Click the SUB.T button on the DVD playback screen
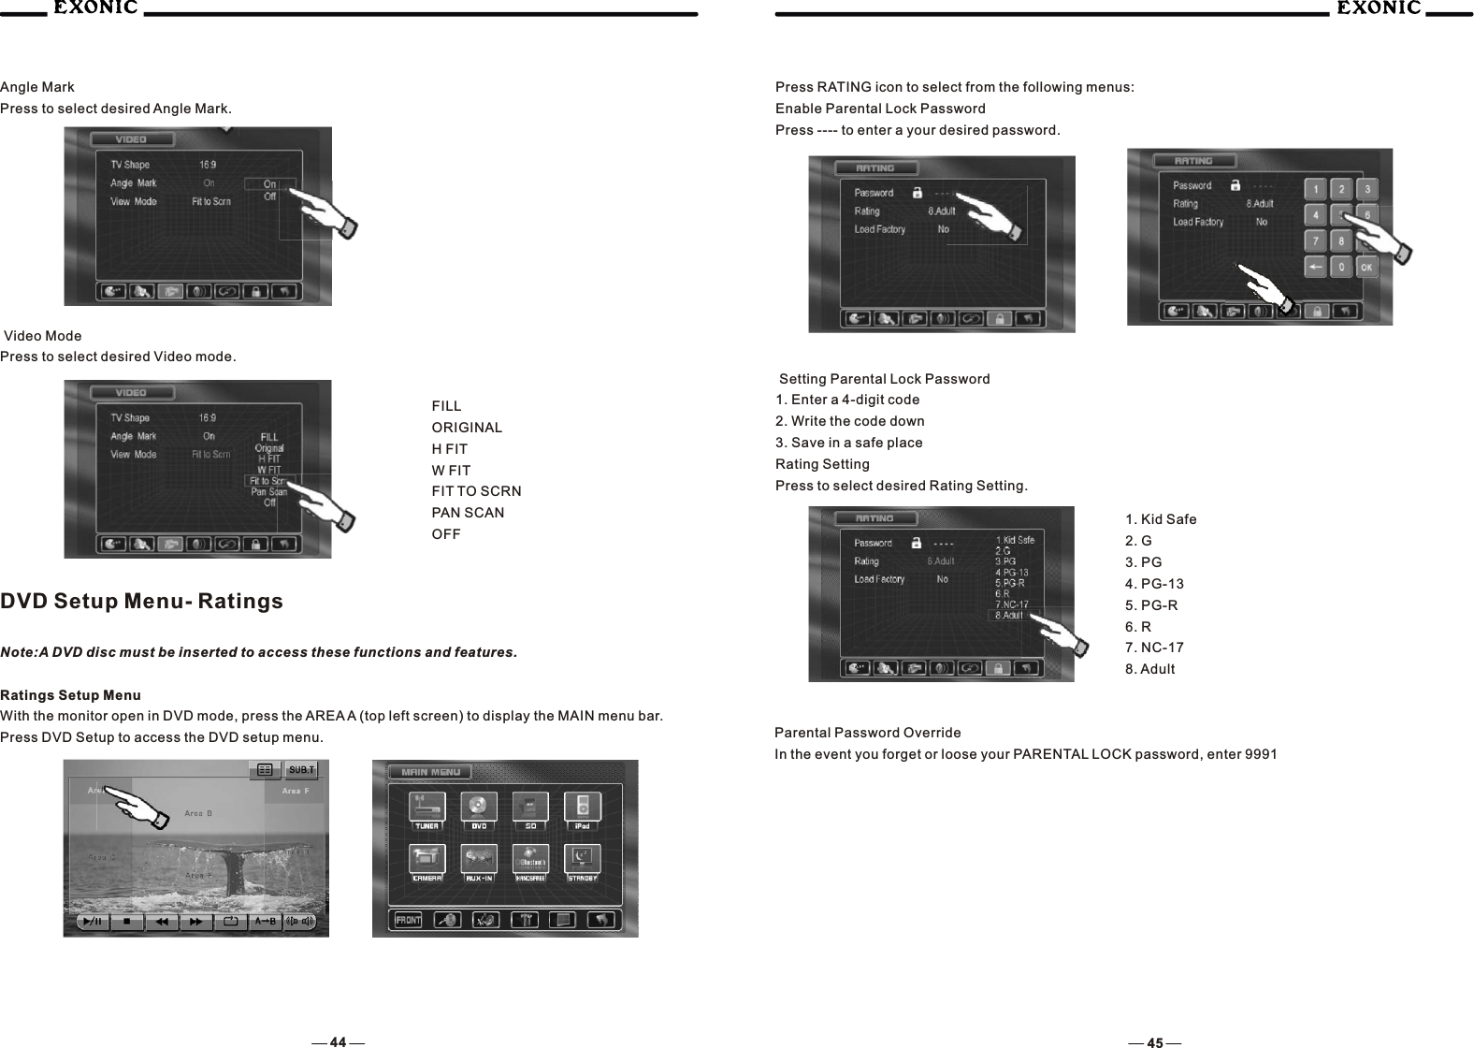(x=302, y=770)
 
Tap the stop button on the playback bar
(x=127, y=922)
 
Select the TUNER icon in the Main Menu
(x=427, y=810)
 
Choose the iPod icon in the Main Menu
(x=583, y=810)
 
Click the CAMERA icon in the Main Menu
(x=427, y=863)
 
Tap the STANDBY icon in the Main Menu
(x=583, y=863)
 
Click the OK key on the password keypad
(x=1366, y=268)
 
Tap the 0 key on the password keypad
(x=1341, y=268)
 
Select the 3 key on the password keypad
(x=1366, y=190)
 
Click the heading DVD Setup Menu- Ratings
(x=141, y=601)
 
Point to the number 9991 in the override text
(x=1262, y=754)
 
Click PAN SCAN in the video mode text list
(x=468, y=513)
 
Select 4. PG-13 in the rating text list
(x=1154, y=584)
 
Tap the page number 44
(x=338, y=1041)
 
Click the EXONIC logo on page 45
(x=1378, y=8)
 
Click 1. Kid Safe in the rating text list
(x=1161, y=519)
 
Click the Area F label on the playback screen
(x=295, y=792)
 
